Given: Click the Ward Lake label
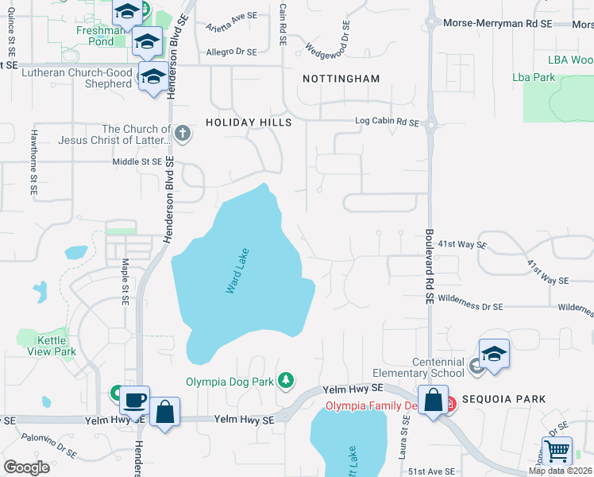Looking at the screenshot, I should coord(237,273).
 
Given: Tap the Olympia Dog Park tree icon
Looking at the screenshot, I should coord(286,382).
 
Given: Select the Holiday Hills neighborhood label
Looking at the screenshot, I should coord(249,122).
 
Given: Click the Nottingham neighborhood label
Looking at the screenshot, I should coord(341,79).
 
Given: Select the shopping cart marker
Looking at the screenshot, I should coord(557,451).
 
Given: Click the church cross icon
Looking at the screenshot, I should coord(183,133).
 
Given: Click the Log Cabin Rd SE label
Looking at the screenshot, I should coord(386,122).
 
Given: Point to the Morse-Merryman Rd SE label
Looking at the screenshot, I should coord(497,24).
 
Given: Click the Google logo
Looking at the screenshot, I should coord(27,467).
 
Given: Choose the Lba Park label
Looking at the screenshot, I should coord(534,77).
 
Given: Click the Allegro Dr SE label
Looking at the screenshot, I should coord(231,52).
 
